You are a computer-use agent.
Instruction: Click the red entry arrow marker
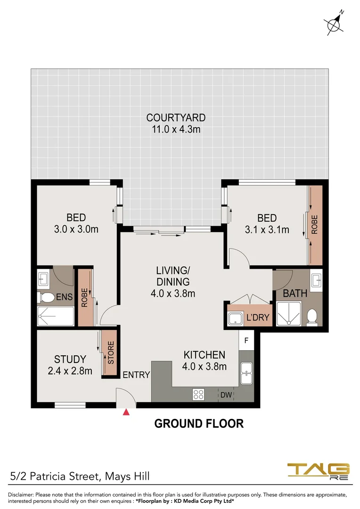(x=126, y=412)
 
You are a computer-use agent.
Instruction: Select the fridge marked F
(x=246, y=341)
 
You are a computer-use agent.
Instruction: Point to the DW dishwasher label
(x=226, y=395)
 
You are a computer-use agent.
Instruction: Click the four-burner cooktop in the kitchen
(x=198, y=394)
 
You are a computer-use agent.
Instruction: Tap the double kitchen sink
(x=246, y=373)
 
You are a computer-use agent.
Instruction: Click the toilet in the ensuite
(x=46, y=297)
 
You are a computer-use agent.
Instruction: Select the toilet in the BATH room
(x=312, y=317)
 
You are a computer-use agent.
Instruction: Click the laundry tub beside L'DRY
(x=235, y=319)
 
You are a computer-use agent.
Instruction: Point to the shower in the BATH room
(x=288, y=314)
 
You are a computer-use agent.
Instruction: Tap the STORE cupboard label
(x=111, y=353)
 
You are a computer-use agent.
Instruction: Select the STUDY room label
(x=70, y=359)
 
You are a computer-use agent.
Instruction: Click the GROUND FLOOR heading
(x=199, y=424)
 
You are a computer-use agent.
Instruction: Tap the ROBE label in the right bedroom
(x=314, y=225)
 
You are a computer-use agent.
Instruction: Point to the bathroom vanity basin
(x=316, y=279)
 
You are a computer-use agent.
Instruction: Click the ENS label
(x=64, y=297)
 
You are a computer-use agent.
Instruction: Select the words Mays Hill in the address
(x=128, y=476)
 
